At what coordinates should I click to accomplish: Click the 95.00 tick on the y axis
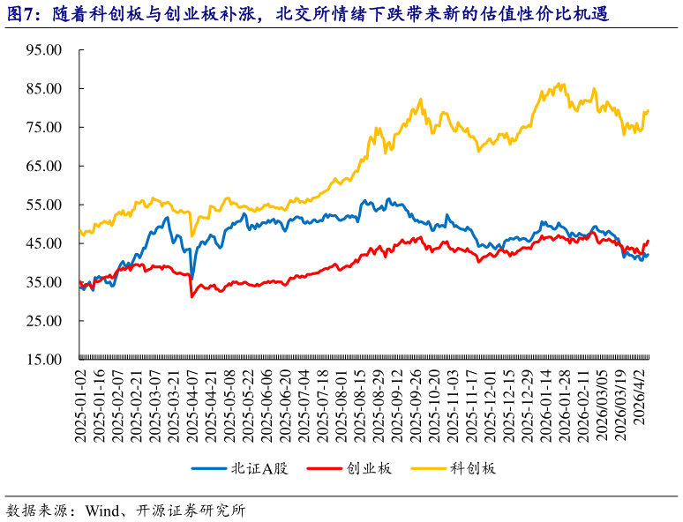43,50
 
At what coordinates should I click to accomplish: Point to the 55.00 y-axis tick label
43,205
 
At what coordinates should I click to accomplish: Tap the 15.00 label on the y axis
43,360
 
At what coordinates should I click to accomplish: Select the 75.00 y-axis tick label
43,128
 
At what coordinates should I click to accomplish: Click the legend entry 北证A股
259,468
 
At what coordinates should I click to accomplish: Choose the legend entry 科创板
473,468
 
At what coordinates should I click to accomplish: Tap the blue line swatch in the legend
210,468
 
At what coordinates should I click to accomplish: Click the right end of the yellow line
649,110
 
